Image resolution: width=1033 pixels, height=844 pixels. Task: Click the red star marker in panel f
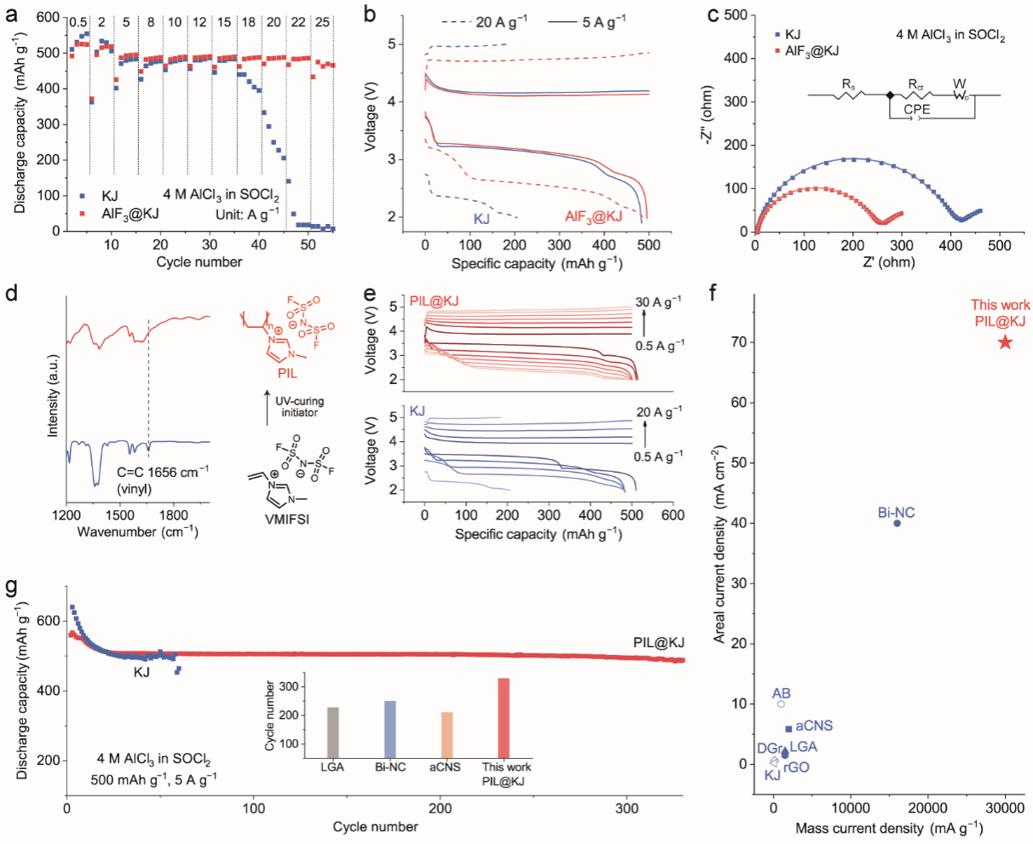pos(1005,342)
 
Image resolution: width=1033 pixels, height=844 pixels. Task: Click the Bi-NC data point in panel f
pos(897,523)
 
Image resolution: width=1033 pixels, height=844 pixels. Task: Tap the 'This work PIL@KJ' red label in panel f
pos(1000,313)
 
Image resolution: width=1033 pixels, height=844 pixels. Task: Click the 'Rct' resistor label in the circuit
pos(915,85)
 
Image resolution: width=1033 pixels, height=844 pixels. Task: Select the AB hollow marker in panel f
pos(781,703)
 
